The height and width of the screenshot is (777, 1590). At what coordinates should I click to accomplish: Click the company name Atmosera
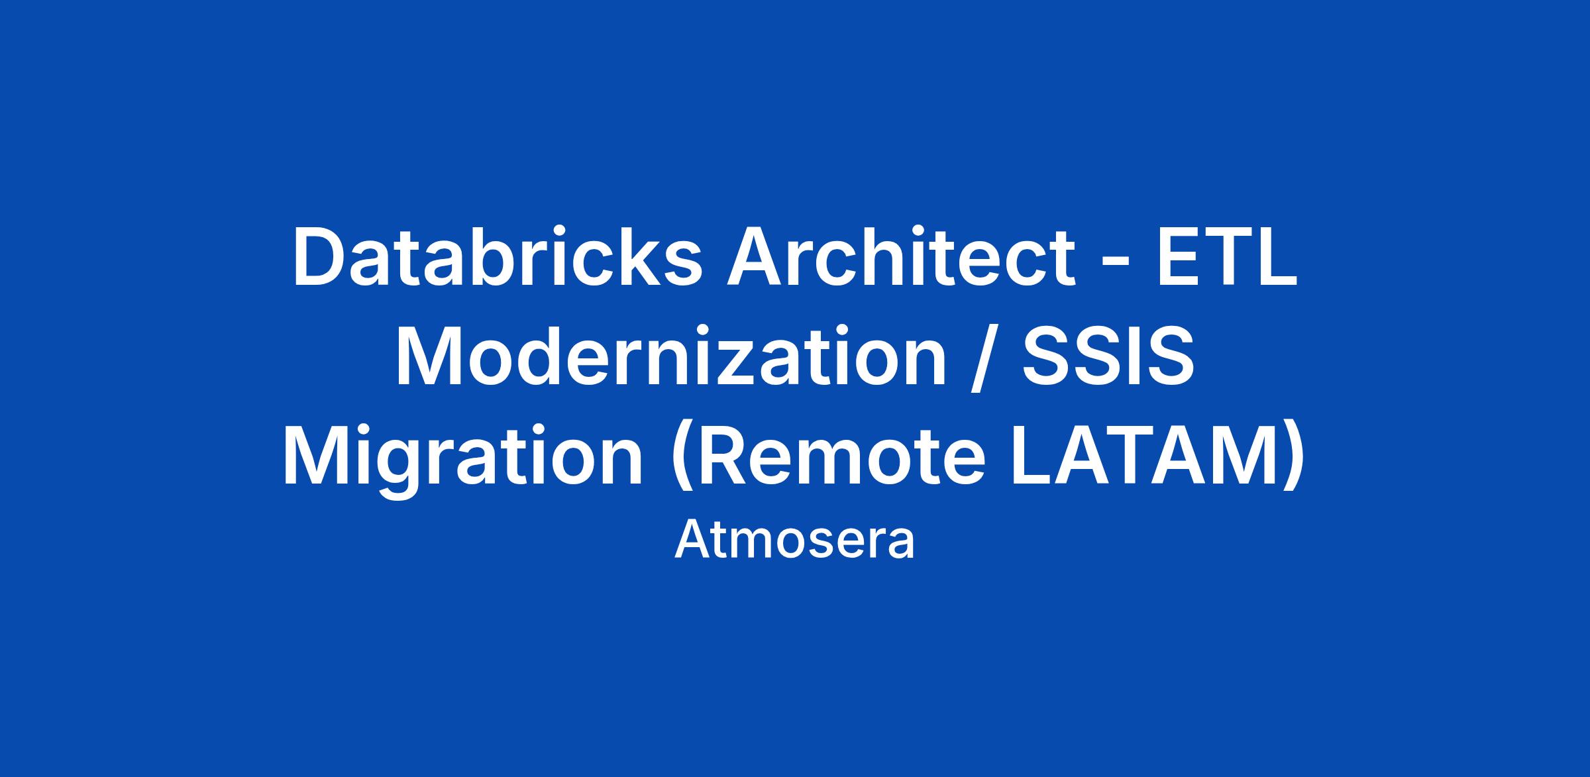794,541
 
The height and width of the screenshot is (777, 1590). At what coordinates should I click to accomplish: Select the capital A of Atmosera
692,540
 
